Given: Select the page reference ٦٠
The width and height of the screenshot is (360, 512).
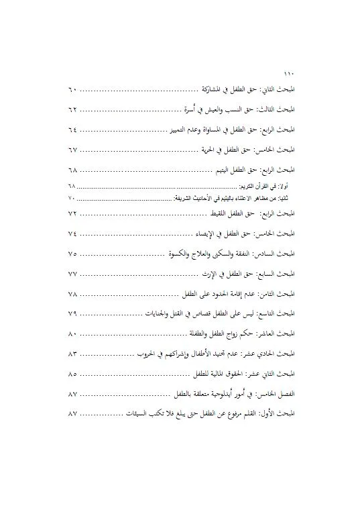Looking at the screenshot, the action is (73, 90).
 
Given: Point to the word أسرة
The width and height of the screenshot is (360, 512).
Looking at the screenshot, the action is (190, 109).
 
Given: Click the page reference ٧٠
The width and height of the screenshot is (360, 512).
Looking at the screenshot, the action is (73, 199).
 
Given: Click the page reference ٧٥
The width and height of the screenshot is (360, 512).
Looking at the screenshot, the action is (73, 255).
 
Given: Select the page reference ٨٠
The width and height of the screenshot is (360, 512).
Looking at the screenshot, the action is (73, 334).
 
